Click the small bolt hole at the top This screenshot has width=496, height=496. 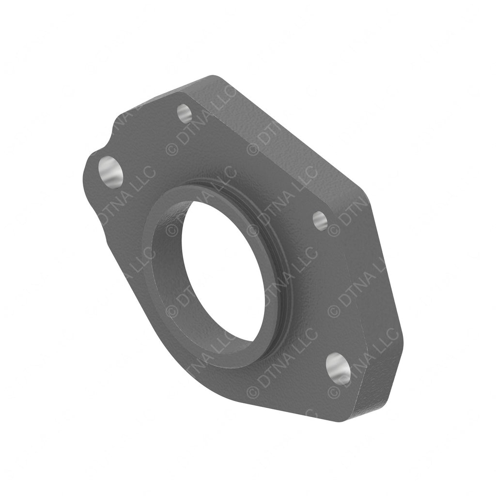(184, 114)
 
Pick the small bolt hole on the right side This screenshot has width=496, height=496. (320, 221)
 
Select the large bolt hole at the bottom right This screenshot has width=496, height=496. (338, 369)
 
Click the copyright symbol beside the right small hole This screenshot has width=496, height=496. (334, 230)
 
